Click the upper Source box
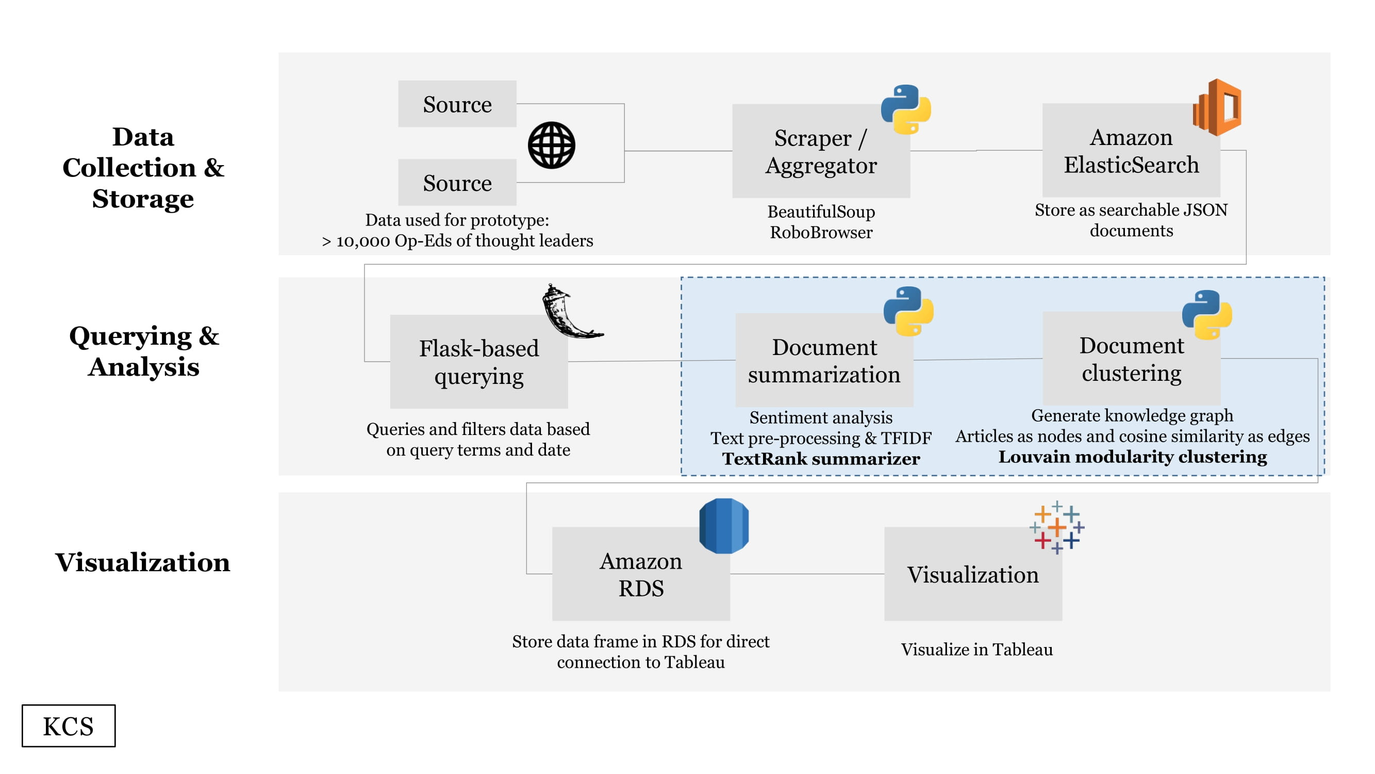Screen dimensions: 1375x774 [x=457, y=104]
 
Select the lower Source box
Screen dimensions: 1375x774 [x=457, y=182]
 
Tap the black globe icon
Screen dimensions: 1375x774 [x=551, y=146]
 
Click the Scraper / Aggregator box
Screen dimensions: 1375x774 [x=821, y=151]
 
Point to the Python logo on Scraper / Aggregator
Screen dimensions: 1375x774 [x=906, y=109]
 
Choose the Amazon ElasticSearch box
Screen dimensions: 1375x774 [x=1131, y=150]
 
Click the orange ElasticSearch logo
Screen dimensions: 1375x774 [x=1217, y=107]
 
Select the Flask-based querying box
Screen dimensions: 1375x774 [x=479, y=362]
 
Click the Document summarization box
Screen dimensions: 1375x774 [x=824, y=360]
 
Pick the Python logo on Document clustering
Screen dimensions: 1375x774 [x=1207, y=315]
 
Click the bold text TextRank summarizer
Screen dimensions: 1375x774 [x=821, y=459]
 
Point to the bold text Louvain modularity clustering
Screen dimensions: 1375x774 [x=1133, y=457]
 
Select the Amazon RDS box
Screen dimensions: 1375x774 [x=640, y=574]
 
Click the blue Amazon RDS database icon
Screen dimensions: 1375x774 [x=724, y=526]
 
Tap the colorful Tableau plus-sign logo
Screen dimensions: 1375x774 [x=1057, y=528]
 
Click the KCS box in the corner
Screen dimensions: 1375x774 [x=69, y=726]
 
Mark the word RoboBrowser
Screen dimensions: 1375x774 [x=821, y=232]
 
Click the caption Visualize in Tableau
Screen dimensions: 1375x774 [x=977, y=650]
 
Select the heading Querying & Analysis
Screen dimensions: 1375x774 [x=144, y=351]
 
